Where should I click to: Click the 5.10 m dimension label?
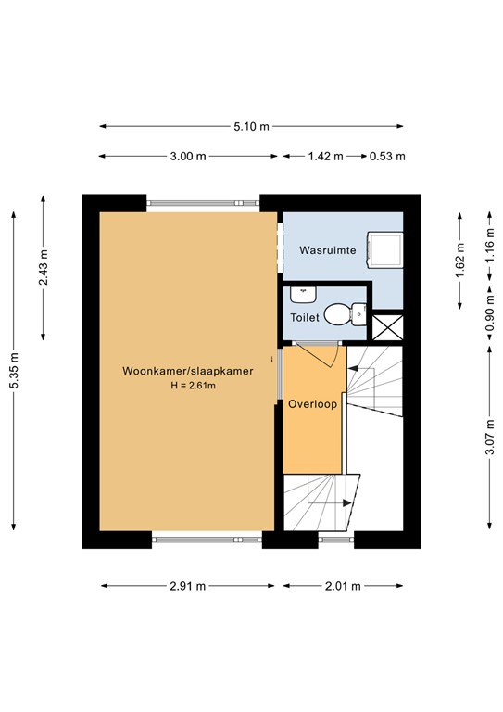click(x=252, y=127)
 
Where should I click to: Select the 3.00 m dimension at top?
click(x=188, y=157)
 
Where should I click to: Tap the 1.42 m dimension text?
click(x=325, y=157)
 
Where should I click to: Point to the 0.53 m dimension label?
click(x=387, y=157)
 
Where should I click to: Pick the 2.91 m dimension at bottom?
click(x=188, y=586)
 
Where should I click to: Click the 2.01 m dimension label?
click(x=343, y=586)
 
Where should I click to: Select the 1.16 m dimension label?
click(x=490, y=248)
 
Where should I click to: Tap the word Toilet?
click(x=305, y=317)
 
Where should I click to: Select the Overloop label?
click(x=312, y=404)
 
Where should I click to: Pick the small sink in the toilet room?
click(x=302, y=295)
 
